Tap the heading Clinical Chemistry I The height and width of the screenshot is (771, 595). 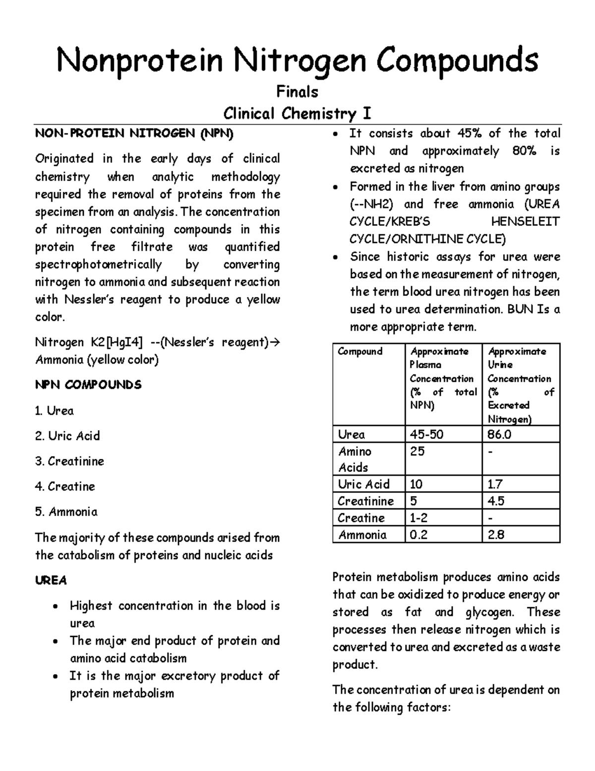297,114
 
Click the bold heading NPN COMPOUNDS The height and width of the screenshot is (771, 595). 88,385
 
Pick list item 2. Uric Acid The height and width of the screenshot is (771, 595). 67,436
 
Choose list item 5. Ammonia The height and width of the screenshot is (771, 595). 66,512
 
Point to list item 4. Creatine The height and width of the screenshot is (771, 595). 65,487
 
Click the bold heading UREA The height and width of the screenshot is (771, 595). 51,580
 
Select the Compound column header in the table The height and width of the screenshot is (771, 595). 360,351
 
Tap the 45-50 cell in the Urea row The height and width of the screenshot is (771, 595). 426,435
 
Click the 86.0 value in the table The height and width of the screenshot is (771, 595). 499,435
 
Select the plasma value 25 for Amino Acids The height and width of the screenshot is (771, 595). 417,452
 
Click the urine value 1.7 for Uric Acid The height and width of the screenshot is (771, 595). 495,484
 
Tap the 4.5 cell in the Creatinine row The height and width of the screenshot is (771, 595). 496,501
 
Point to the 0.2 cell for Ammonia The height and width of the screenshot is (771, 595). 418,535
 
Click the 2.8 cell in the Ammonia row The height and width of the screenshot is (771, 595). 496,535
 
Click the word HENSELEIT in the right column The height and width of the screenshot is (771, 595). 525,222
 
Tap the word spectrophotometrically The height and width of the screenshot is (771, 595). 98,265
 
